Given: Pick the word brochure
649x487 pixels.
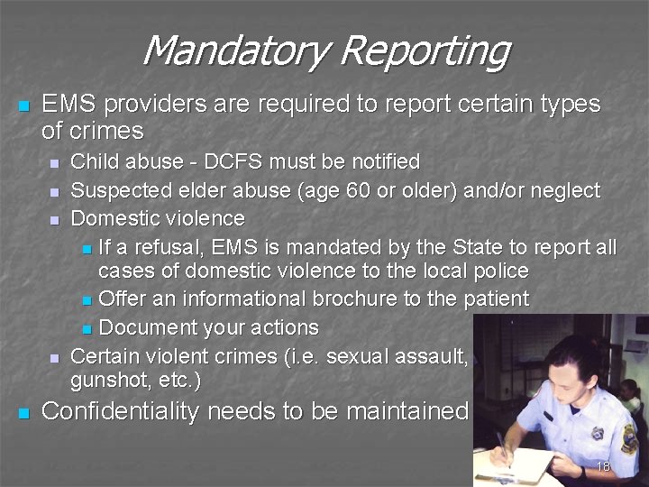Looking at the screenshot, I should coord(358,299).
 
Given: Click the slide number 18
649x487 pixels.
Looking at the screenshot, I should coord(604,467).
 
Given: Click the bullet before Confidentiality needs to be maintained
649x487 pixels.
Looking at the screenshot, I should coord(24,414).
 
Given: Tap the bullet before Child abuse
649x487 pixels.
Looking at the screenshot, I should coord(54,164).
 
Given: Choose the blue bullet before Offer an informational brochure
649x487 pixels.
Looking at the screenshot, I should coord(86,300).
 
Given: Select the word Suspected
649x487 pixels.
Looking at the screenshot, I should coord(116,190).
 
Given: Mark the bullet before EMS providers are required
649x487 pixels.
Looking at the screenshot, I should coord(24,106).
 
